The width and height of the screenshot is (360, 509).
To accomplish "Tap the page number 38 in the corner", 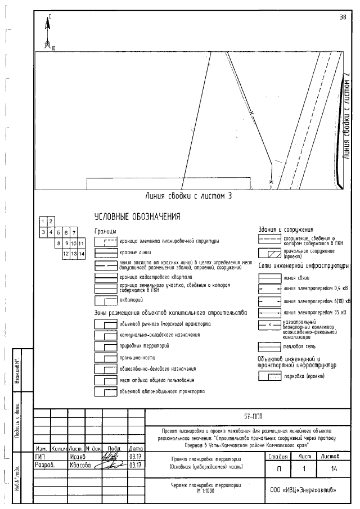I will [343, 17].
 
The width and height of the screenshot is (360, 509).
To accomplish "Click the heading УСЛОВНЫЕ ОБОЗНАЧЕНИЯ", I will [137, 217].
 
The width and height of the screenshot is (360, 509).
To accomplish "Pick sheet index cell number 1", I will [43, 222].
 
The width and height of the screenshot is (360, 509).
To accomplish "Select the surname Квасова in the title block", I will [79, 465].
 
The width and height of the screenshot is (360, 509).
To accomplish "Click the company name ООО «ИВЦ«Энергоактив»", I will [303, 489].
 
